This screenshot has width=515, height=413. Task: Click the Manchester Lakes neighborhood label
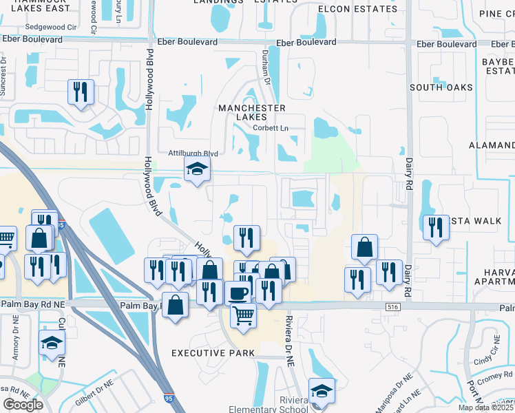click(251, 113)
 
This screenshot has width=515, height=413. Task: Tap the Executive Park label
click(213, 353)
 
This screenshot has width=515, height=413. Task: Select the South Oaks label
click(441, 87)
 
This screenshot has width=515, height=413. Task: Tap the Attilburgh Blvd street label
click(193, 153)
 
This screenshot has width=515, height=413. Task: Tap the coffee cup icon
click(239, 293)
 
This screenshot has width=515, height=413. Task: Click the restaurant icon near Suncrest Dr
click(81, 92)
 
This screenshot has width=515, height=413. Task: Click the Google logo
click(23, 404)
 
